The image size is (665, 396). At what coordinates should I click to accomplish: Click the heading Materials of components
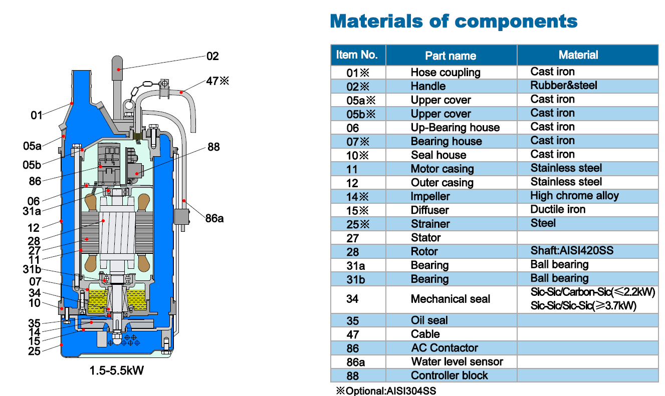click(454, 22)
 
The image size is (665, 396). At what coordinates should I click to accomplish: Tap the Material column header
click(578, 55)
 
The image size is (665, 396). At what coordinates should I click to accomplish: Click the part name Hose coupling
click(445, 73)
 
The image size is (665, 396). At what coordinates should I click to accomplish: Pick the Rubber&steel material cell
click(563, 86)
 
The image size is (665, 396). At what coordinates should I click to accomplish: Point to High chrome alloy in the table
click(574, 196)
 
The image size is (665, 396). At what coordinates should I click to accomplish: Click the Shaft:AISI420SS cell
click(571, 251)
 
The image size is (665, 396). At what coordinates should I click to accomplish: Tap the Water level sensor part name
click(457, 361)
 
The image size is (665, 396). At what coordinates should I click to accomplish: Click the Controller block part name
click(449, 375)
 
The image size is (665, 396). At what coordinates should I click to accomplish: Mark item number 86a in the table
click(356, 361)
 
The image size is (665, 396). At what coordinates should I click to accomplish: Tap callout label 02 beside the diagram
click(212, 56)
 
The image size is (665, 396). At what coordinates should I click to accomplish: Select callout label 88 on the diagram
click(213, 147)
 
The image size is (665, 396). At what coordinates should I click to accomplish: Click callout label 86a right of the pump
click(214, 218)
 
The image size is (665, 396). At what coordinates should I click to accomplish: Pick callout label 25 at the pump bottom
click(34, 351)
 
